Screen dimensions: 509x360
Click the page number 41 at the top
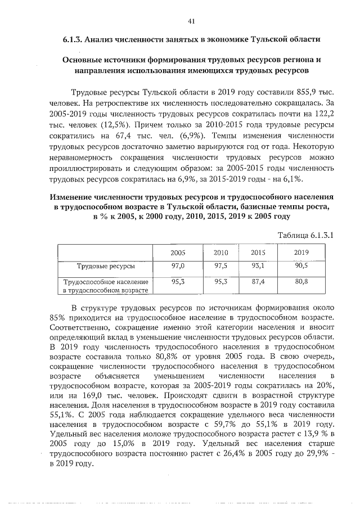191,21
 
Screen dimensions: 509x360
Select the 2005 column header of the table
178,253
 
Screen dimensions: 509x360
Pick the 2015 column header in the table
258,253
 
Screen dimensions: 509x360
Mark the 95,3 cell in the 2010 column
220,282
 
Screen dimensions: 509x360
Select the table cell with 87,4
258,282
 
